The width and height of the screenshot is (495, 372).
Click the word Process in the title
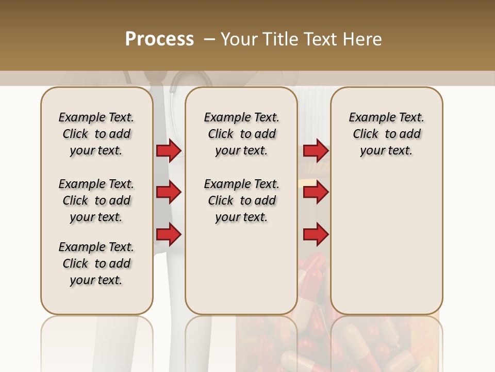[159, 39]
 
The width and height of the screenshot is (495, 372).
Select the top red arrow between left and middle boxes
[169, 150]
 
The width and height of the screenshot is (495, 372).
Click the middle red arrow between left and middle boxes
[169, 193]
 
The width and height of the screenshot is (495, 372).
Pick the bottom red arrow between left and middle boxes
[169, 235]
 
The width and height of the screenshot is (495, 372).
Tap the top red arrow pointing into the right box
[316, 150]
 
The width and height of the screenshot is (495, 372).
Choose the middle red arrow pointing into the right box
[316, 193]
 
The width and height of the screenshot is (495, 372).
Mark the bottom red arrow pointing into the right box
[316, 235]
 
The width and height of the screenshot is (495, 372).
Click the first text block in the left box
[96, 134]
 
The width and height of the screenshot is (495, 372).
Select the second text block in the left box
[96, 200]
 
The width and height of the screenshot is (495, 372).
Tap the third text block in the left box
[96, 263]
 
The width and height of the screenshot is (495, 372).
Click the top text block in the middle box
[241, 134]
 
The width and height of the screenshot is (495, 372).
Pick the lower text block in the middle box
[241, 200]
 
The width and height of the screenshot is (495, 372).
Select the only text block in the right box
[386, 134]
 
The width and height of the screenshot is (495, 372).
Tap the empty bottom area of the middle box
[241, 274]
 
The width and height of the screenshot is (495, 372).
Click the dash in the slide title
[209, 39]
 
